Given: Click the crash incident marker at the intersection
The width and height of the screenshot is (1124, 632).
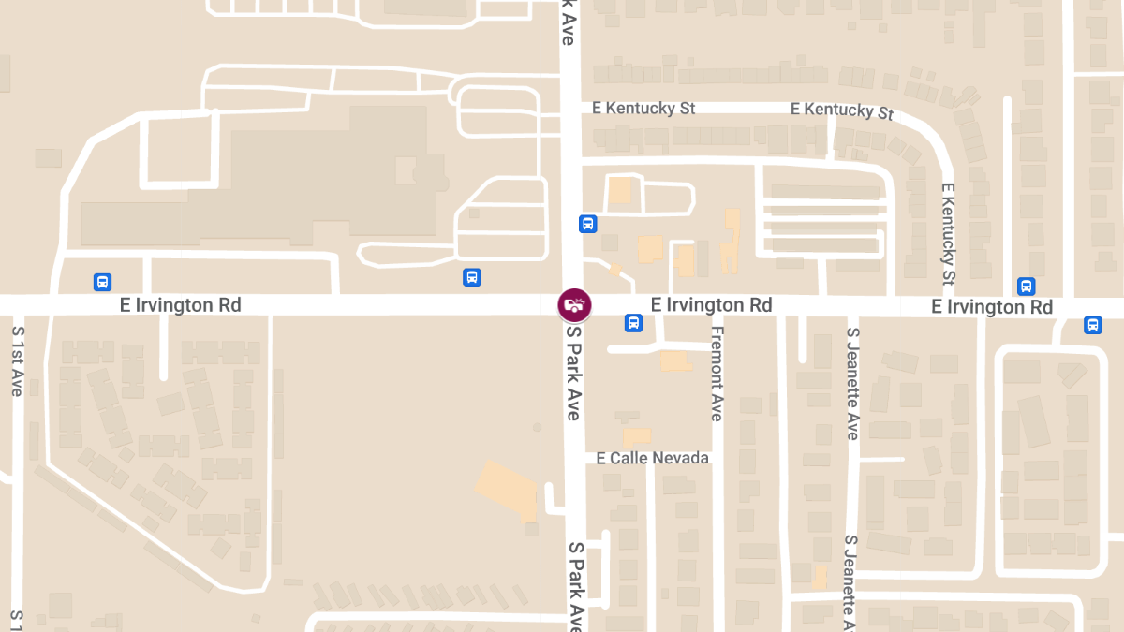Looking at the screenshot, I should pos(574,304).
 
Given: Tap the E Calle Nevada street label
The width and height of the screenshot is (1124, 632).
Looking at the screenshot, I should pos(653,458).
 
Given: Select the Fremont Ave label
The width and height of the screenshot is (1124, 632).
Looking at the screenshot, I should pos(717,374).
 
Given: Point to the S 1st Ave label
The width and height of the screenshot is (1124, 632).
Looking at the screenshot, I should pos(17,360).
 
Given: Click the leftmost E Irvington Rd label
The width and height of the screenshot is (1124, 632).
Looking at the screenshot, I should pos(180,305).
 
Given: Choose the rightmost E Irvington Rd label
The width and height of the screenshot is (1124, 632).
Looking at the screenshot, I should pos(992,307).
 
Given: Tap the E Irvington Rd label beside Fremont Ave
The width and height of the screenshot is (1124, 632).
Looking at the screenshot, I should pos(711,305).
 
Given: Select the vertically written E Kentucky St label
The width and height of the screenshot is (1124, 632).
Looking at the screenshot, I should pos(948,234).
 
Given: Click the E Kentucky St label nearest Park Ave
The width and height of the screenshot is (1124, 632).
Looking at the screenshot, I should pos(643,109).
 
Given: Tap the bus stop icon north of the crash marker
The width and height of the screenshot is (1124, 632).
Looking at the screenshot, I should pos(587,224).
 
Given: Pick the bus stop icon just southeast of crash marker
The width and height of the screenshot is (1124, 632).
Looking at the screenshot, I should pos(633,323).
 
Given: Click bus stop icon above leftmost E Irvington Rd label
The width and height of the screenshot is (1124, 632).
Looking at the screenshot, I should pos(102,281).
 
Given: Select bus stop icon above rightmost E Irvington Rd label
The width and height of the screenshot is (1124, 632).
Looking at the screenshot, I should pos(1026,286).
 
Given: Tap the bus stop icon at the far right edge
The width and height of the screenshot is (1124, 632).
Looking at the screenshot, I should pos(1092,325).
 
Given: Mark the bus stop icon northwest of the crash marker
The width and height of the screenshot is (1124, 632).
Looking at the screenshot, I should pos(472,277).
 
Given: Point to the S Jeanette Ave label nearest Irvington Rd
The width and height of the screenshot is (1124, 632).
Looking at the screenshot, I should pos(851,384).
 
